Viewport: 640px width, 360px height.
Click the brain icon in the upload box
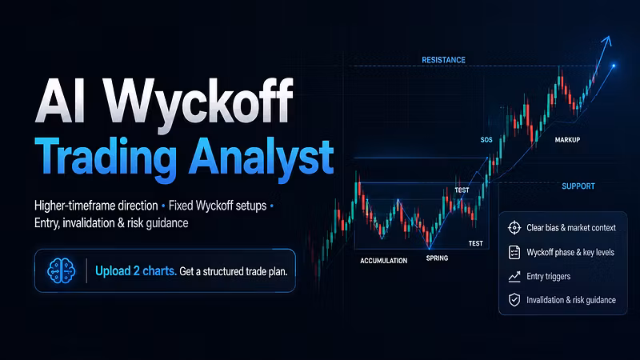(62, 270)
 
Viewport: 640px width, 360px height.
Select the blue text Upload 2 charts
(135, 271)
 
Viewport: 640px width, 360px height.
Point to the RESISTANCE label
(443, 60)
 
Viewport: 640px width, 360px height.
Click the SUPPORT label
(578, 186)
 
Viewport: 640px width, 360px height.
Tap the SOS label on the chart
(486, 139)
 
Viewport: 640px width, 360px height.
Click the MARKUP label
(567, 139)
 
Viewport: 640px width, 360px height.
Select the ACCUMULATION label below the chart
(384, 261)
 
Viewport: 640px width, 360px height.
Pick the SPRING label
(437, 258)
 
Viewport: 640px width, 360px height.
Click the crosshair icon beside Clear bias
(514, 228)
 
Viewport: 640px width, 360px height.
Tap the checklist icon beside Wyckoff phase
(514, 252)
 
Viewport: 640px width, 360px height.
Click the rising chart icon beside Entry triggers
(514, 277)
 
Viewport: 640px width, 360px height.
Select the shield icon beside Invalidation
(514, 300)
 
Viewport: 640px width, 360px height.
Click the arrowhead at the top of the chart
(607, 40)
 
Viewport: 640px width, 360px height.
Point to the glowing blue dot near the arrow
(614, 66)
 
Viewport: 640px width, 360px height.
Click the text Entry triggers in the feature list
(549, 276)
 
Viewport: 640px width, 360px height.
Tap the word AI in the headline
(61, 101)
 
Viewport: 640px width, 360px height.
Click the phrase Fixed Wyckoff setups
(218, 206)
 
